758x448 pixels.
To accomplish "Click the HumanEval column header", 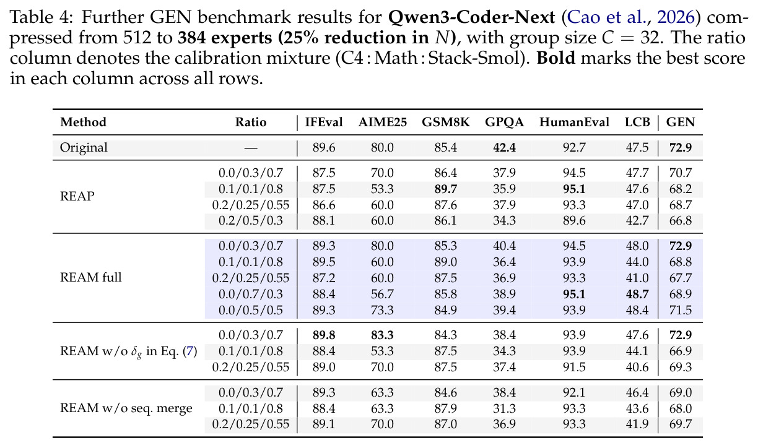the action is pos(574,122).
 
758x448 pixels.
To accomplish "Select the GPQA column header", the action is pos(504,122).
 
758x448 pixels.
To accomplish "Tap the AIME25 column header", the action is pos(382,122).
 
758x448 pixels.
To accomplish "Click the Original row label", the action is pos(84,148).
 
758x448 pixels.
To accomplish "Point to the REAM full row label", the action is pos(90,278).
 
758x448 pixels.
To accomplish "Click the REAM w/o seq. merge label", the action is pos(126,408).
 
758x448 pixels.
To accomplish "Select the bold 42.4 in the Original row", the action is pos(504,148).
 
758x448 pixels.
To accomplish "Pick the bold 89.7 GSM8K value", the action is pos(446,189).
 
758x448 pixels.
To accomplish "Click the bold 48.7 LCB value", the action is pos(637,294).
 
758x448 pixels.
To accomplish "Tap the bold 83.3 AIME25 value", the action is pos(382,335).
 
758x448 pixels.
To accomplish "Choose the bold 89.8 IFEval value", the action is pos(324,335).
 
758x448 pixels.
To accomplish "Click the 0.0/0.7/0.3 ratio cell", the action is pos(250,294).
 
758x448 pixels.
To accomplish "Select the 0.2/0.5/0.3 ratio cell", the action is pos(250,221).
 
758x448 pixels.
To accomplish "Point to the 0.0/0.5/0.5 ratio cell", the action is pos(250,311).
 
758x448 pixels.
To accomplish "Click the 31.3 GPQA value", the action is pos(504,408).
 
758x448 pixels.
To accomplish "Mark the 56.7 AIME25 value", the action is pos(382,294).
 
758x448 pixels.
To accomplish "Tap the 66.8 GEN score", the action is pos(681,221).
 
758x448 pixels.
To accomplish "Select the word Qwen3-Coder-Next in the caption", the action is pos(471,17).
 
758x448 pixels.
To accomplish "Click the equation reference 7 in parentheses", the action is pos(190,351).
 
